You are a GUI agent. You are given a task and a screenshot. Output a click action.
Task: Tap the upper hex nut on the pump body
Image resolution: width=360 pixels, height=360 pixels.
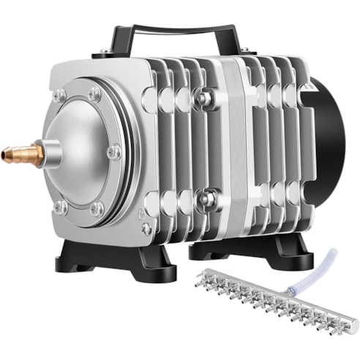[x=208, y=96]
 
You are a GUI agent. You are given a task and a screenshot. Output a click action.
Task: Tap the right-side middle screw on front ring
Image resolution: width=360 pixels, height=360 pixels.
[x=114, y=152]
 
